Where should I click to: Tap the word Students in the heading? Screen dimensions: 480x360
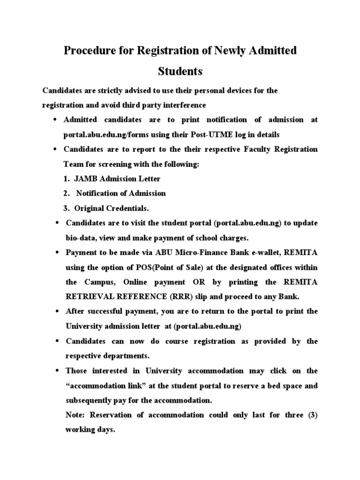pos(180,72)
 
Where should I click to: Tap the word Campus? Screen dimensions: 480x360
pos(97,282)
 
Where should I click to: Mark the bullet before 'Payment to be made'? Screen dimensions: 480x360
pos(56,253)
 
